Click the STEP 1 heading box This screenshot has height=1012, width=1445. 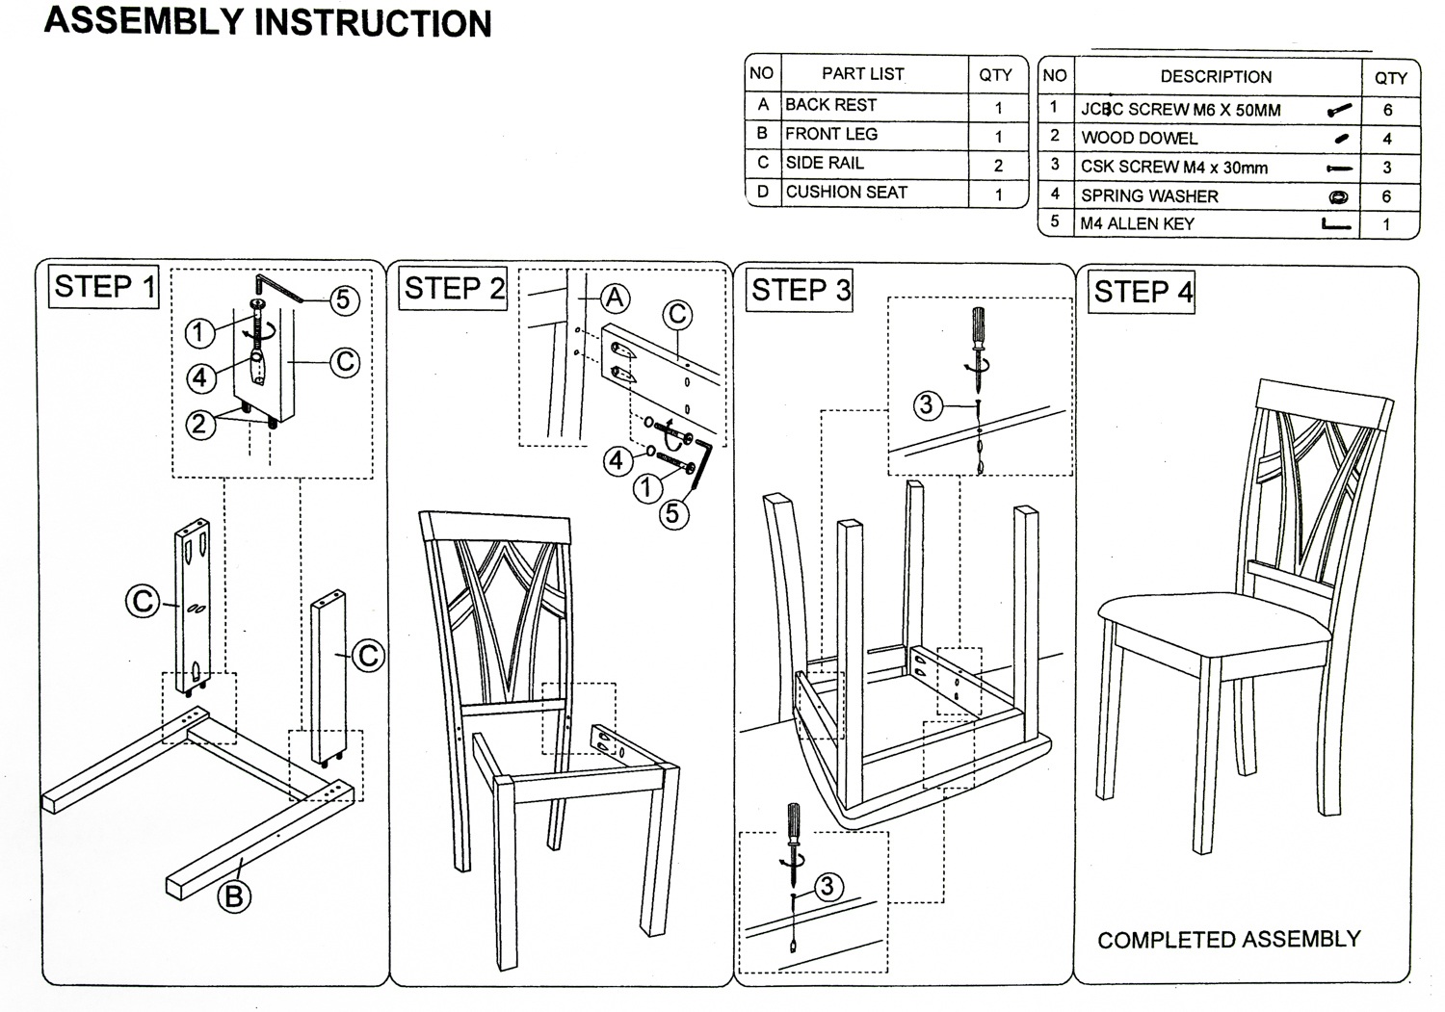[x=103, y=287]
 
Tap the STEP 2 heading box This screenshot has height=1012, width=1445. [x=454, y=288]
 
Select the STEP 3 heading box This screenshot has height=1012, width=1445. [x=801, y=291]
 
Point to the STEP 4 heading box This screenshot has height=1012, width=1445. [x=1143, y=292]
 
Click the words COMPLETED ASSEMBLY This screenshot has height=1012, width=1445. [x=1228, y=940]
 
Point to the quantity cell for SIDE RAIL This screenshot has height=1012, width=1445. [x=998, y=166]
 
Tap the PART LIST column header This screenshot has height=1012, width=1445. [x=862, y=74]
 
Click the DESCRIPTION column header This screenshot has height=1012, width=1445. [x=1216, y=77]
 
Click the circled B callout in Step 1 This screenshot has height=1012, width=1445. [x=233, y=896]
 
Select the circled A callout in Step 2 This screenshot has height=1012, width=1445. [x=615, y=299]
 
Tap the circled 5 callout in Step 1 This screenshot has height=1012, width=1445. [x=344, y=300]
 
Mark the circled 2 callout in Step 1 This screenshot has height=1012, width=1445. [x=199, y=424]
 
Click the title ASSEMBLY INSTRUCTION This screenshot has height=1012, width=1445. [x=268, y=21]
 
